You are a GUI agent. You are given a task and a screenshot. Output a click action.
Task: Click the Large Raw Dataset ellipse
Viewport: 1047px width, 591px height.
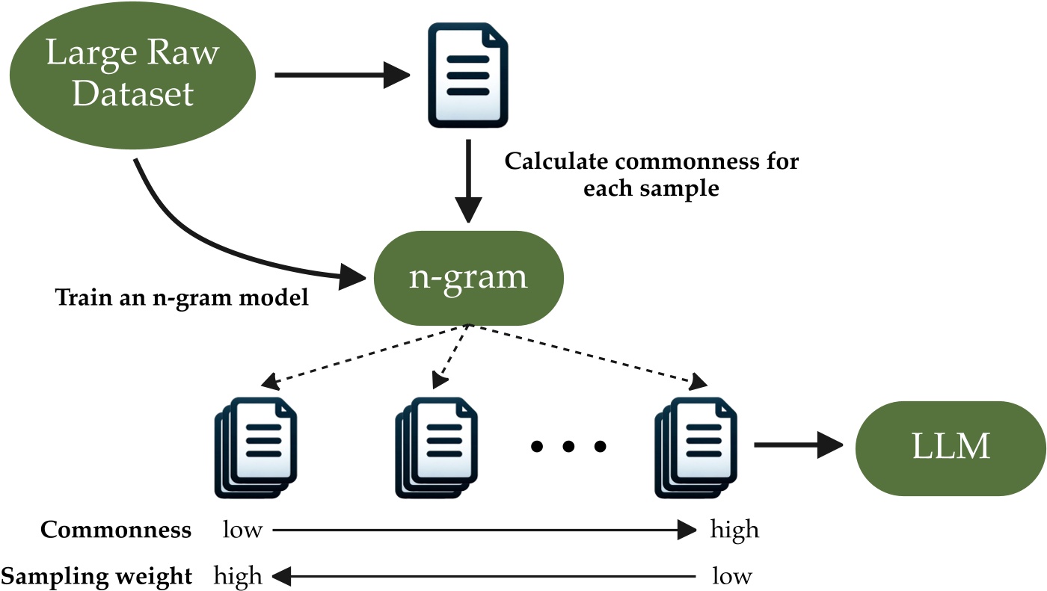(x=132, y=75)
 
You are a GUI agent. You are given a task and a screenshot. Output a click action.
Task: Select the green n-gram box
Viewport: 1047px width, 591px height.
(x=468, y=277)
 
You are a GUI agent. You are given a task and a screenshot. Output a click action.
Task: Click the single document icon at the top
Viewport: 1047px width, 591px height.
(x=467, y=75)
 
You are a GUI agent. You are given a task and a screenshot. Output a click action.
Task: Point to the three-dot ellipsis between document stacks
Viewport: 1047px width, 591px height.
(x=568, y=447)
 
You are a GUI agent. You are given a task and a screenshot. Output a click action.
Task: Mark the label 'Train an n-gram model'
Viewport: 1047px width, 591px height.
(x=182, y=299)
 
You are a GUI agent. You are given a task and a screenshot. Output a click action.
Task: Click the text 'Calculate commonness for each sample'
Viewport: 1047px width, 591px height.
(x=651, y=174)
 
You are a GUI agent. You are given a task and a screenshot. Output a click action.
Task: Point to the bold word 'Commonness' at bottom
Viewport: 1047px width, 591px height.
(x=116, y=530)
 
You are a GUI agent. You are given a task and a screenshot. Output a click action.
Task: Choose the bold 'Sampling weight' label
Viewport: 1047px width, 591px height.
(x=96, y=576)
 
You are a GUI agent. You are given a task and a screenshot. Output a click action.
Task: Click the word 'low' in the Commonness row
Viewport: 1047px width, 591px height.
(x=242, y=530)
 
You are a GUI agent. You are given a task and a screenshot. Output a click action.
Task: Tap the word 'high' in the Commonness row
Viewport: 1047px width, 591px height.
(x=734, y=530)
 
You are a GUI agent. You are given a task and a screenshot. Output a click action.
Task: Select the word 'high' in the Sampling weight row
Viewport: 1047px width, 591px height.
(x=238, y=576)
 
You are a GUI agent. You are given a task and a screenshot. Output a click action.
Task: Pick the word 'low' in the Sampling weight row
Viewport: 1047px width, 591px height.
(x=731, y=576)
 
